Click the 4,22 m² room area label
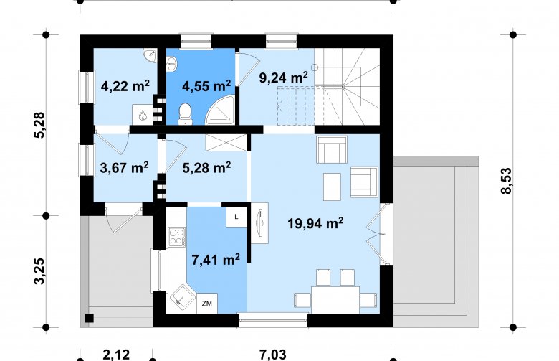point(125,86)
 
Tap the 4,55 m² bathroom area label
point(206,85)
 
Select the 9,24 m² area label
point(284,78)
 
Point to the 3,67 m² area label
point(125,167)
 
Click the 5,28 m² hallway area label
point(206,167)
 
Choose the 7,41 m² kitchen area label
point(216,260)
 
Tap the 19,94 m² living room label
point(315,223)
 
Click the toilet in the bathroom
point(185,114)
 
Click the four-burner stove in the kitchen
point(177,237)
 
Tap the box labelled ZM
point(207,304)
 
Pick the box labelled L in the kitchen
point(236,217)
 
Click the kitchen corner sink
point(183,299)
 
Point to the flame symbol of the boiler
point(143,116)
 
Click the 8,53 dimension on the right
point(506,181)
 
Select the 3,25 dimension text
point(39,271)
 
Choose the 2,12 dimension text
point(116,355)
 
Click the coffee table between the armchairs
point(332,187)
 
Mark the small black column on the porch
point(89,318)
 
